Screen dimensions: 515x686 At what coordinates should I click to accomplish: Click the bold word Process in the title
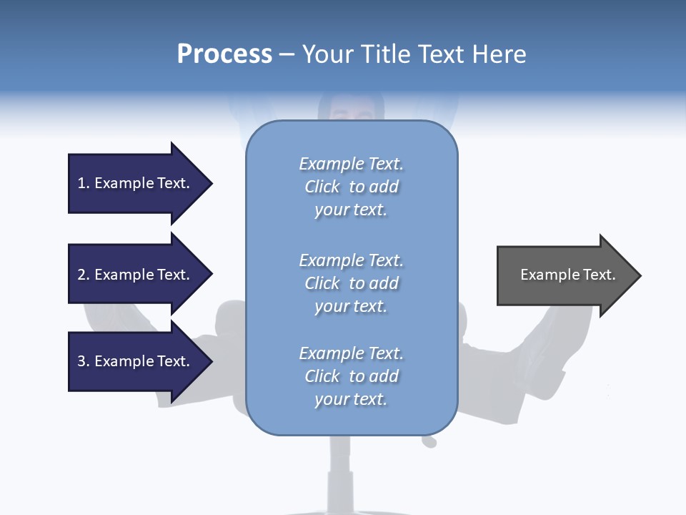224,54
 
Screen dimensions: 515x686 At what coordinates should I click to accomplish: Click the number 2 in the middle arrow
81,275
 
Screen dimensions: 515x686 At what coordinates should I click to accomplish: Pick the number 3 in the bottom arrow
81,361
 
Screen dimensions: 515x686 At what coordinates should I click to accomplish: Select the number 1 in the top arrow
81,183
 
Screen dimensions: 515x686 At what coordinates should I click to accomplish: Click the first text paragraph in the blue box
351,187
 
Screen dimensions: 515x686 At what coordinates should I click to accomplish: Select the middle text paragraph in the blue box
351,283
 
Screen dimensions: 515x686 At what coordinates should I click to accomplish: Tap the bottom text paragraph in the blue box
351,376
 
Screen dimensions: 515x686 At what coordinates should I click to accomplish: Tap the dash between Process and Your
287,54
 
